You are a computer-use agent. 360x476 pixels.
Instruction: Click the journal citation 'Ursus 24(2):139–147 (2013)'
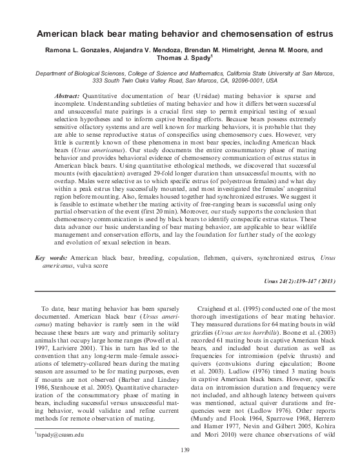(292, 299)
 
